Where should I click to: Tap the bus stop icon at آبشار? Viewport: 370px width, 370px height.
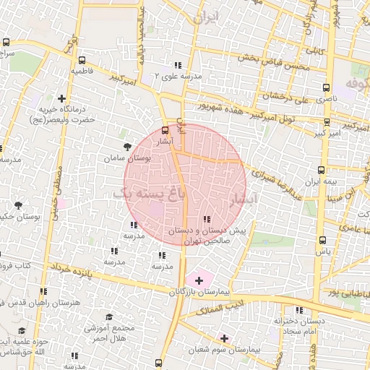coord(165,132)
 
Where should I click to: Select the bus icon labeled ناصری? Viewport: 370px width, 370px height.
coord(327,86)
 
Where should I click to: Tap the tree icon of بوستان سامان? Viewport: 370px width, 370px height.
coord(128,147)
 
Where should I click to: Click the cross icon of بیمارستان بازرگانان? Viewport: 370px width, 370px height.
coord(199,279)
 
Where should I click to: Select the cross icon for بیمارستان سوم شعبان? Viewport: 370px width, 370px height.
coord(224,337)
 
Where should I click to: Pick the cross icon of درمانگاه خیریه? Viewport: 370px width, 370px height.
coord(61,99)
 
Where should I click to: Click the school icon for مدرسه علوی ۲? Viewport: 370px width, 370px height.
coord(178,65)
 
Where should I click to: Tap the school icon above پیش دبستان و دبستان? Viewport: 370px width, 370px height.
coord(207,219)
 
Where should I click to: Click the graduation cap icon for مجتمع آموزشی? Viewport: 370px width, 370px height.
coord(109,317)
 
